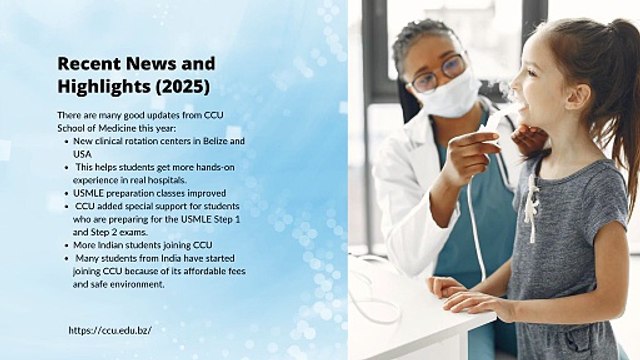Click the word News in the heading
(x=151, y=64)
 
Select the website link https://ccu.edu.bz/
(x=110, y=330)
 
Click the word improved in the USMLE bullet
(x=208, y=193)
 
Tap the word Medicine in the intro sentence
(x=117, y=128)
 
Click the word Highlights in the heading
(x=104, y=87)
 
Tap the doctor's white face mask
(x=449, y=95)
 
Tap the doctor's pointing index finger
(x=474, y=138)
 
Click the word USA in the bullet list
(x=82, y=154)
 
